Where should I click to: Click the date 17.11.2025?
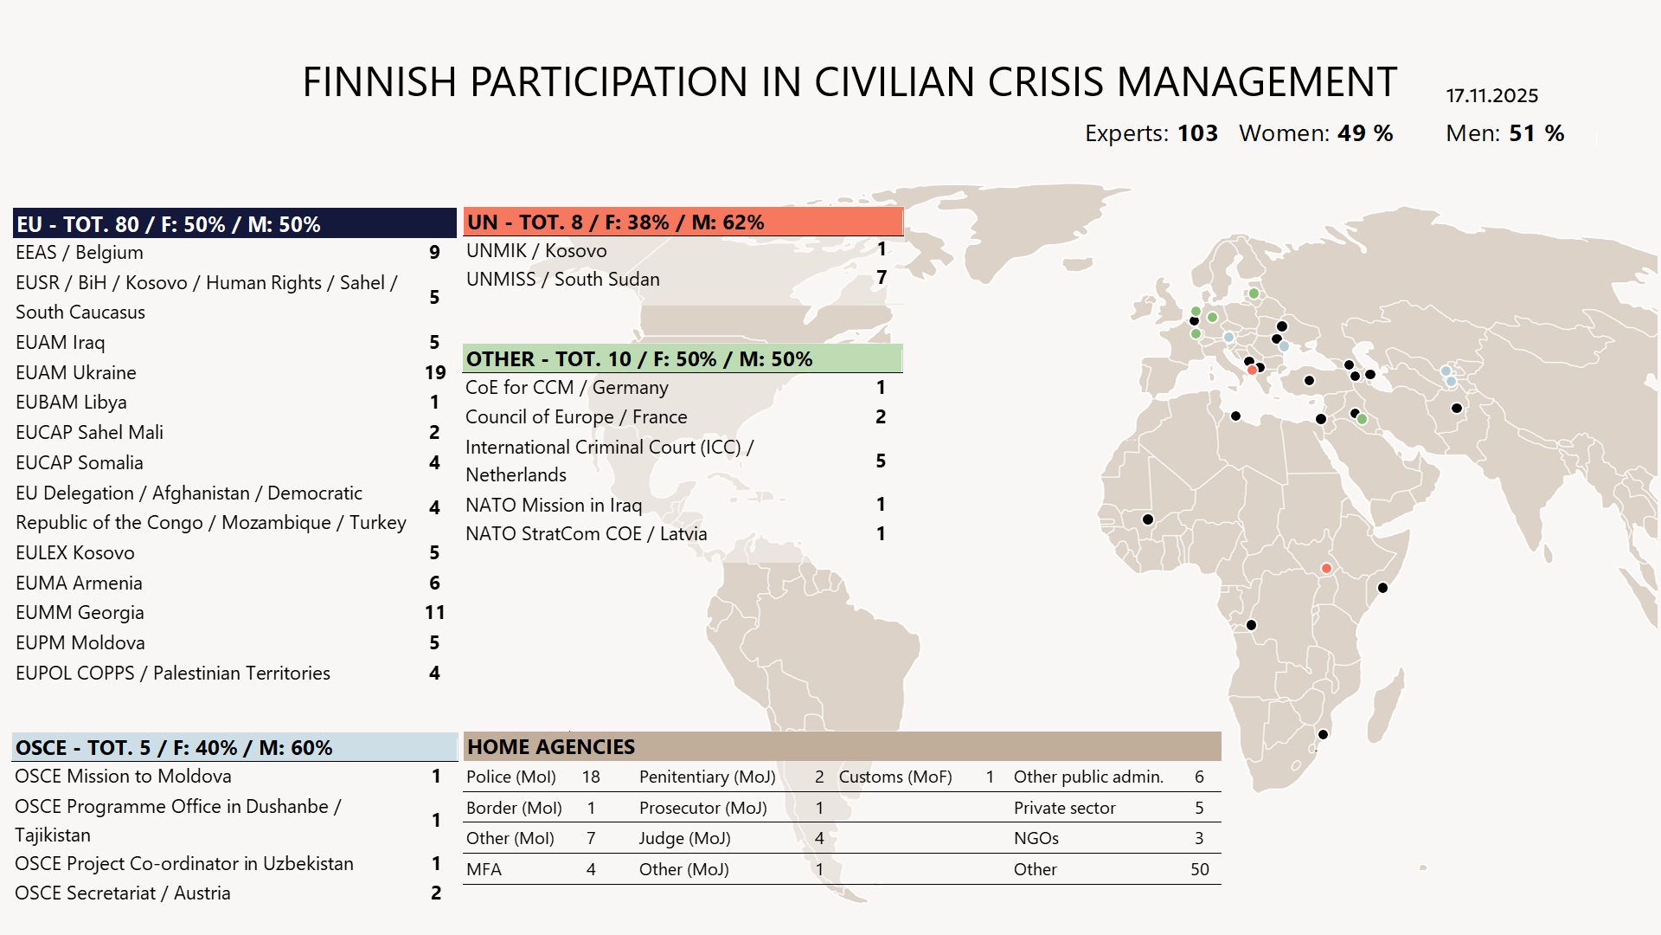(1491, 95)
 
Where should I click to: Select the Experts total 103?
(1197, 133)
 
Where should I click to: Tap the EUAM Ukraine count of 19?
(435, 372)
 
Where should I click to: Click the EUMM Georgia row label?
(80, 613)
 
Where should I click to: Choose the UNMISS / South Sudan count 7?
(882, 278)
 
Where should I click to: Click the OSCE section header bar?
(234, 747)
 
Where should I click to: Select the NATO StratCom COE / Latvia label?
(586, 534)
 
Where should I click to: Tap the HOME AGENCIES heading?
(550, 746)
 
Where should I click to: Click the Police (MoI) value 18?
(591, 777)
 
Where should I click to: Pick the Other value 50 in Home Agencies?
(1199, 869)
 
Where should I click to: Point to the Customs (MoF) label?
(895, 777)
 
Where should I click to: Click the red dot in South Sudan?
(1326, 569)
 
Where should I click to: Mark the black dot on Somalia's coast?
(1382, 588)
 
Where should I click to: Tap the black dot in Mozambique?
(1323, 734)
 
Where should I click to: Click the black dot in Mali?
(1148, 519)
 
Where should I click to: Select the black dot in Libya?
(1235, 416)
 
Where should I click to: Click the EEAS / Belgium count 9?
(434, 253)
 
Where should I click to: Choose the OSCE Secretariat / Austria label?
(122, 893)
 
